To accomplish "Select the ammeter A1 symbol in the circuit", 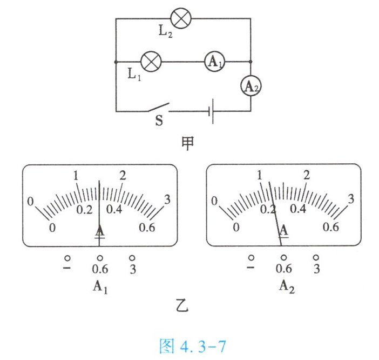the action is coord(214,62).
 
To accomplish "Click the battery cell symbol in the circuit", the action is coord(213,111).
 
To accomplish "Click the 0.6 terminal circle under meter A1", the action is coord(99,258).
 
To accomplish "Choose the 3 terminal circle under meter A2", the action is coord(316,257).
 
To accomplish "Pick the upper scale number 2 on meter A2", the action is coord(307,175).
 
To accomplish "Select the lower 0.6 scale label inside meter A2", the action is coord(330,227).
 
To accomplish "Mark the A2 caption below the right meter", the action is coord(286,286).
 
